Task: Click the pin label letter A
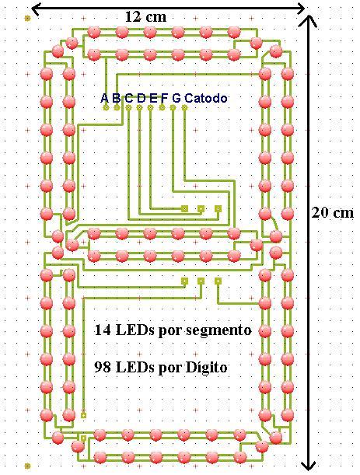[x=104, y=98]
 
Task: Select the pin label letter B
[x=117, y=98]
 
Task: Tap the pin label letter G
[x=177, y=98]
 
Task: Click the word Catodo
[x=206, y=98]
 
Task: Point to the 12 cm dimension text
[x=146, y=17]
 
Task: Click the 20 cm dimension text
[x=333, y=213]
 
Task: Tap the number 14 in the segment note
[x=103, y=330]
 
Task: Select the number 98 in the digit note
[x=103, y=367]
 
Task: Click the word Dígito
[x=206, y=368]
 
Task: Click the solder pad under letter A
[x=106, y=107]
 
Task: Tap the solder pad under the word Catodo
[x=184, y=107]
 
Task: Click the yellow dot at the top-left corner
[x=27, y=19]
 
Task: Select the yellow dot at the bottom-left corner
[x=27, y=466]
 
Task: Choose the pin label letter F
[x=164, y=98]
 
